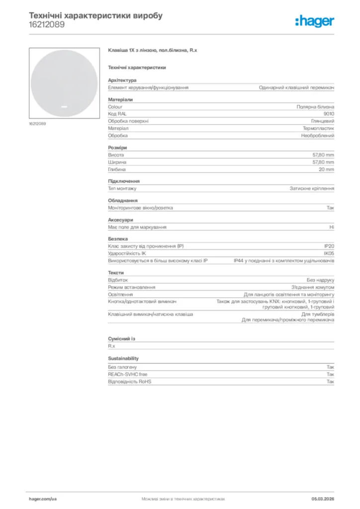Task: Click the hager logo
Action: (x=314, y=21)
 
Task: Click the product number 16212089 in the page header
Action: (x=46, y=24)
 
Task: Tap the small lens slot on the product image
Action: (x=64, y=106)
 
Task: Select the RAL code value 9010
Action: (x=329, y=114)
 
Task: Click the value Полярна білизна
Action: (x=315, y=107)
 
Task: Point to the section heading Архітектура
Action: (x=122, y=80)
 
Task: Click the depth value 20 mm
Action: (x=326, y=170)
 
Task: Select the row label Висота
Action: (x=116, y=155)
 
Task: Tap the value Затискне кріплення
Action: (x=312, y=189)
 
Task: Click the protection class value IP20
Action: (x=329, y=247)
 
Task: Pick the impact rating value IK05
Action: (x=329, y=254)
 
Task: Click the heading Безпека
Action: (x=118, y=239)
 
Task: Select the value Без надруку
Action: (x=320, y=280)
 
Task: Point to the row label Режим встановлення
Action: (x=131, y=287)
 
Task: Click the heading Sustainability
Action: (x=123, y=358)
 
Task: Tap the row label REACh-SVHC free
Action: (x=128, y=374)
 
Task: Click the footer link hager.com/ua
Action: (x=43, y=499)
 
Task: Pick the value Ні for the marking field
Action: (x=332, y=227)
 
